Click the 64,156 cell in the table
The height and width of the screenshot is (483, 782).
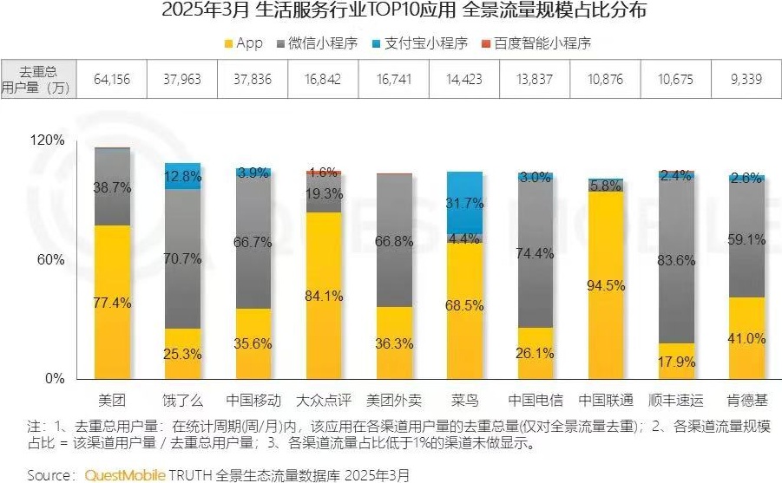111,79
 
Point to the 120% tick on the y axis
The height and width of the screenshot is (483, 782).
48,140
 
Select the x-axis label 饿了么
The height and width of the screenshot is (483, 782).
182,401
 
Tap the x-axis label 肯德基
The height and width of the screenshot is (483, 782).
746,401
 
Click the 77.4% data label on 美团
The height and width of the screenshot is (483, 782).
112,303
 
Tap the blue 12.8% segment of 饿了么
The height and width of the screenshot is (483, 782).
182,176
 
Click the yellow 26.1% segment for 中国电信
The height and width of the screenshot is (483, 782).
535,354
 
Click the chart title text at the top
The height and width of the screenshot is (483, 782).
391,11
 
